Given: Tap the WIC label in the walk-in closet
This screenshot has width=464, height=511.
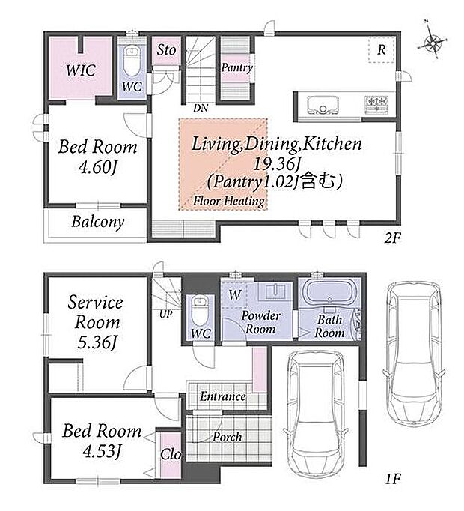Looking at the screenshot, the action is coord(81,70).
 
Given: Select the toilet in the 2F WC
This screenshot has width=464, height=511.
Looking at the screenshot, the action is coord(132,60).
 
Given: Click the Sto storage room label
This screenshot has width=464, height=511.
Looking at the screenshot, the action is coord(166,50).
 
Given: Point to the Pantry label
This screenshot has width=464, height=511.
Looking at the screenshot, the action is coord(237,67).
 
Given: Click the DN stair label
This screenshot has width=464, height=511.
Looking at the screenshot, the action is coord(201,108).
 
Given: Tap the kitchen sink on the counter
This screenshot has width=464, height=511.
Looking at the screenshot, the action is coord(323,105).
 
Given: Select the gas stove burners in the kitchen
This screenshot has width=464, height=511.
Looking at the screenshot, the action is coord(377,105).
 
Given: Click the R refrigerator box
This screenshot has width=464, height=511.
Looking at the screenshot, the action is coord(382,49).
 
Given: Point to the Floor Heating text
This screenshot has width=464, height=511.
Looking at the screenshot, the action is coord(228,200).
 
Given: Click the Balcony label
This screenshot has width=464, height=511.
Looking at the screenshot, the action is coord(98,222).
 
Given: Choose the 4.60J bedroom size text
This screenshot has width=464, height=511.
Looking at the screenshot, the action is coord(97,167).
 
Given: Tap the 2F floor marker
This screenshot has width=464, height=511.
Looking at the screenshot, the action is coord(392,238).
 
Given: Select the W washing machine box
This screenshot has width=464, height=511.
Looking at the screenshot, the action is coord(233,295).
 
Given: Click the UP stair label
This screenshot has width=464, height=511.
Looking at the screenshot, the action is coord(165,314).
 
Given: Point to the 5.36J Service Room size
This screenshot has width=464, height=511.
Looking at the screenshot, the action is coord(97,342).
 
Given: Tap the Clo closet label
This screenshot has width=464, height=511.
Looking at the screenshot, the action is coord(171,454).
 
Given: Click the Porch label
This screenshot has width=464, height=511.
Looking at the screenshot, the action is coord(228,437).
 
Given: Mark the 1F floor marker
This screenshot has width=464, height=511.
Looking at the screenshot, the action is coord(392,479).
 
